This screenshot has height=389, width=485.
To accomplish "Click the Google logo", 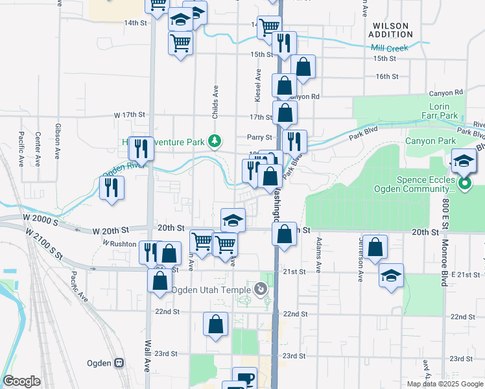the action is pyautogui.click(x=21, y=381).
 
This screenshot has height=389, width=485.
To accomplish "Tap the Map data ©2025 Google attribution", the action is pyautogui.click(x=444, y=384).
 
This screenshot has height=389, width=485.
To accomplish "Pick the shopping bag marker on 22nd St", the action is pyautogui.click(x=215, y=324).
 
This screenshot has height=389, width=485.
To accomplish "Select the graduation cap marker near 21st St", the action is pyautogui.click(x=391, y=275).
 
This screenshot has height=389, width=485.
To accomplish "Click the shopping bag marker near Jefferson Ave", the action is pyautogui.click(x=375, y=247).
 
